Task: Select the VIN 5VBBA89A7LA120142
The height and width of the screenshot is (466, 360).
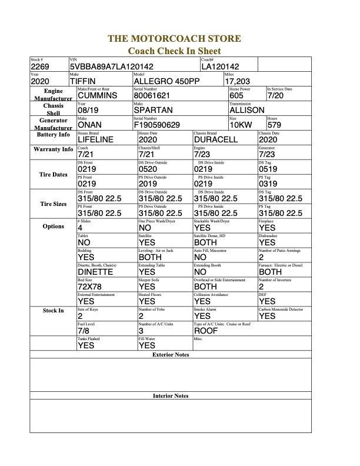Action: (111, 67)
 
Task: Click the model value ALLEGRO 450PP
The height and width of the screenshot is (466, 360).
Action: (168, 81)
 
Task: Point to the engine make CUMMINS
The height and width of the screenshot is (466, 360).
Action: (97, 95)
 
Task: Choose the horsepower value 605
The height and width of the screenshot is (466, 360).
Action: (236, 95)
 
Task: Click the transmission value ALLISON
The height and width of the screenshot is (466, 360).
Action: (246, 110)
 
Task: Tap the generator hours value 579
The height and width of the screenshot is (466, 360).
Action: (274, 125)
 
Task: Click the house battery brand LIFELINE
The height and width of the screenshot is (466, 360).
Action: (98, 139)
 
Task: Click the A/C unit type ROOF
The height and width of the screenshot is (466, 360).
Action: (206, 331)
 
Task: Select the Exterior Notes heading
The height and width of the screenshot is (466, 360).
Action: (171, 355)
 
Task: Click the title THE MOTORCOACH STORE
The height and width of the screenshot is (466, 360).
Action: (174, 39)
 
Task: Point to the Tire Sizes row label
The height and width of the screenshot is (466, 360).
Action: (53, 204)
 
